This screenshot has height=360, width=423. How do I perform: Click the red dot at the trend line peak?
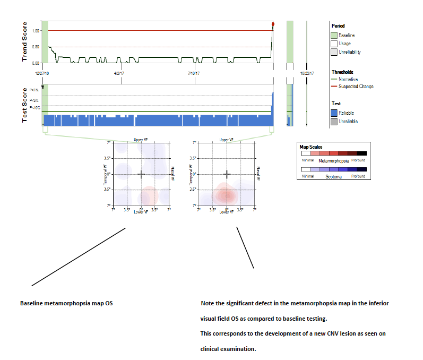tap(273, 24)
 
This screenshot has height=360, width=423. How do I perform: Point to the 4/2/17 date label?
tap(120, 73)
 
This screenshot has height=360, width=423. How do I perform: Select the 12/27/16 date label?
tap(42, 73)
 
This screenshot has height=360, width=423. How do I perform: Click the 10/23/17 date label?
tap(307, 73)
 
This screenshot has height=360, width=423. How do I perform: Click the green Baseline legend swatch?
tap(334, 35)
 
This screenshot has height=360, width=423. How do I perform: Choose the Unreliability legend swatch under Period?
tap(334, 52)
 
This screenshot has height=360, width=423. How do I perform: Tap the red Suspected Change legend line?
tap(334, 87)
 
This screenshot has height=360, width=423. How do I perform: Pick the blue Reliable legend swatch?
tap(334, 113)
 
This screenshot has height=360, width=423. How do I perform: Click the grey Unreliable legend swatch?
tap(334, 121)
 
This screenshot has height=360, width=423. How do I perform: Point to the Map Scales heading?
tap(312, 147)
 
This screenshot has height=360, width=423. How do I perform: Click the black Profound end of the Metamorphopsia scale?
tap(361, 153)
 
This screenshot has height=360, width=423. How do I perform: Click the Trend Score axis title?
tap(24, 42)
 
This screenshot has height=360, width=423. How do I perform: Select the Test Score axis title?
tap(24, 105)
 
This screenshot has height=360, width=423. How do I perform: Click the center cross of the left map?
tap(141, 174)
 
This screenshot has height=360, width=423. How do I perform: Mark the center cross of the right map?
tap(227, 174)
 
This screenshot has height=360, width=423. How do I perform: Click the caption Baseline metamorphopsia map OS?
tap(66, 304)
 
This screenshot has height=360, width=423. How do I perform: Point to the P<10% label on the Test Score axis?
tap(35, 108)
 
